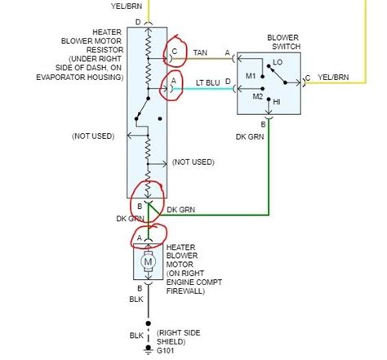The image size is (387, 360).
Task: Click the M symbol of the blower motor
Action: coord(148,262)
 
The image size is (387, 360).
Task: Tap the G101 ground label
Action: coord(165,351)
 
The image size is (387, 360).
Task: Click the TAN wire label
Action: coord(200,52)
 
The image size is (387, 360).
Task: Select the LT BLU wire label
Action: coord(207,82)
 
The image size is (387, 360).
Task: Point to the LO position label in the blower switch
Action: coord(278,62)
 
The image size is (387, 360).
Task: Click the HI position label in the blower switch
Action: coord(277,102)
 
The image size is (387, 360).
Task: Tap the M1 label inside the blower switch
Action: coord(251,76)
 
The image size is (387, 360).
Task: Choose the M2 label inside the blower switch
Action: coord(258,96)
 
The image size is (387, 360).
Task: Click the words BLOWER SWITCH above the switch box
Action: coord(283,42)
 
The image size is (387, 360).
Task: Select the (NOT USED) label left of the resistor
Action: coord(93,136)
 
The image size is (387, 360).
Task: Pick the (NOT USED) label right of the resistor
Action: coord(193,162)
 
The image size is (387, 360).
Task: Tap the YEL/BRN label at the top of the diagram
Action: coord(127,7)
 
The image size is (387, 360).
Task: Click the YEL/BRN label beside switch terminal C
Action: coord(333,78)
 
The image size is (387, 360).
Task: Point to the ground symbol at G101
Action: coord(149,350)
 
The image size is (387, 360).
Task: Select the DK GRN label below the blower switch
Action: coord(250,136)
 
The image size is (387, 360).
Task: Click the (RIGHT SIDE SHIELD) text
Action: coord(178,337)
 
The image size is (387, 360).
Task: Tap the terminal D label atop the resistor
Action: coord(138,22)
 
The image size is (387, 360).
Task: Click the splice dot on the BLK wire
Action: coord(149,323)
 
